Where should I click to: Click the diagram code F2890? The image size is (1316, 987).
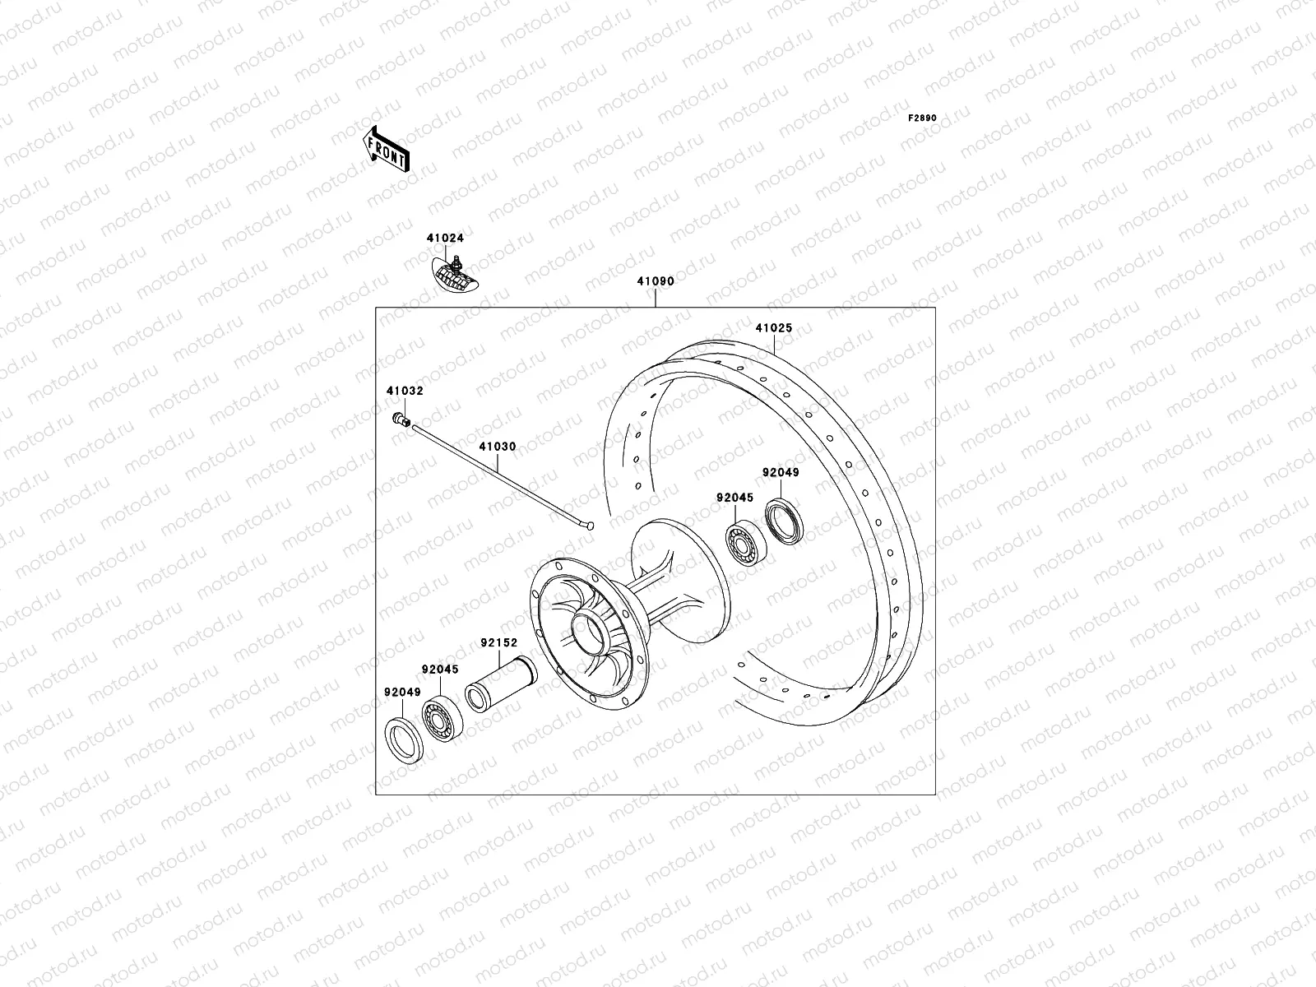point(922,118)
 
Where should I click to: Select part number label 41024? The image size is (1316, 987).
point(445,239)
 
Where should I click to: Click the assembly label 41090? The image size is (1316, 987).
point(655,281)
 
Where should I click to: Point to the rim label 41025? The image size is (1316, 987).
point(773,328)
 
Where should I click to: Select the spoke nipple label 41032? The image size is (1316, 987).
point(405,392)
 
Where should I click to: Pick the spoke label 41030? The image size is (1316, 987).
point(498,447)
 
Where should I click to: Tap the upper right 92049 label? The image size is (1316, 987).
point(780,473)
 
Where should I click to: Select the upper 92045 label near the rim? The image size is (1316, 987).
point(734,498)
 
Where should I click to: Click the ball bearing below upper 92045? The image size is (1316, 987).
point(746,544)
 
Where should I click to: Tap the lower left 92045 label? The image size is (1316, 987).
point(440,670)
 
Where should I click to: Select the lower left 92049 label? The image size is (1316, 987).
point(402,693)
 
